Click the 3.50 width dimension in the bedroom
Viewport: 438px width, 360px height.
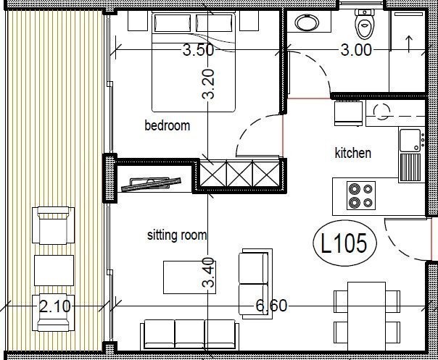click(x=198, y=51)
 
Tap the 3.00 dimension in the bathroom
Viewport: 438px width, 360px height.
click(x=356, y=50)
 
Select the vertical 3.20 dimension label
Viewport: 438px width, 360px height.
click(x=209, y=84)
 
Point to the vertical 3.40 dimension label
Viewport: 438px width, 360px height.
click(x=209, y=272)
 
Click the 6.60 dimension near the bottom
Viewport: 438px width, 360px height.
click(x=270, y=306)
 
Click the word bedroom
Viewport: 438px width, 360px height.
click(x=167, y=126)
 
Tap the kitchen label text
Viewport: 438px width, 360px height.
click(x=352, y=153)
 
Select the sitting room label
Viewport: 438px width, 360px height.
click(x=177, y=235)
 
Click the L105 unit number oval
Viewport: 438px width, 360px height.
click(x=344, y=243)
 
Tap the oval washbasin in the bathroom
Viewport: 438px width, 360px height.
click(x=308, y=22)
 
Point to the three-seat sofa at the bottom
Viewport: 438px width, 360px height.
click(x=189, y=334)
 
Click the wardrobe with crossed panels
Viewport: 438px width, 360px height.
click(x=239, y=174)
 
